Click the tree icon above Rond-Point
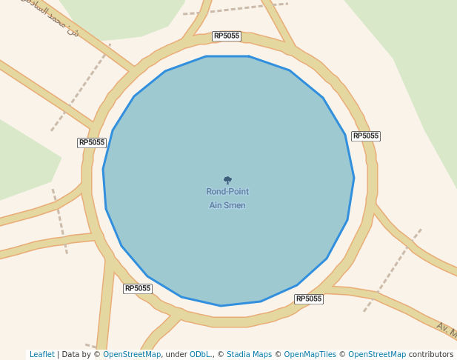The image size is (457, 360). (227, 180)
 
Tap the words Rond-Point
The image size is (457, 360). (227, 192)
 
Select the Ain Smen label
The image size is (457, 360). (227, 205)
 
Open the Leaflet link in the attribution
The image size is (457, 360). (42, 355)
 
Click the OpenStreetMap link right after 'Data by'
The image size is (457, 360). (132, 355)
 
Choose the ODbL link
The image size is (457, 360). (200, 355)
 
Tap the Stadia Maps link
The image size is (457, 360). (248, 355)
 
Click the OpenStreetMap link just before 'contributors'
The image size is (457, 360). (377, 355)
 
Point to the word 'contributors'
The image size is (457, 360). (431, 355)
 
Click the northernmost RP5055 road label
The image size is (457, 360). (227, 36)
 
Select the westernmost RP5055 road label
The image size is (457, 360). (92, 142)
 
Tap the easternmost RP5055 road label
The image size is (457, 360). (366, 136)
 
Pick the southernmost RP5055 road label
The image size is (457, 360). (309, 299)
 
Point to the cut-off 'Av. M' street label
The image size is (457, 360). (447, 328)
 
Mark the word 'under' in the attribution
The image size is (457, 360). (176, 355)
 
